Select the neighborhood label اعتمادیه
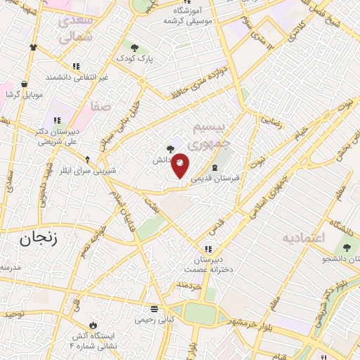pyautogui.click(x=304, y=238)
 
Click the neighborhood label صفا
pyautogui.click(x=100, y=106)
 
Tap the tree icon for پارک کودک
pyautogui.click(x=134, y=48)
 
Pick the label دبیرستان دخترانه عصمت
pyautogui.click(x=208, y=264)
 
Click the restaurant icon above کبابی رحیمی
pyautogui.click(x=154, y=309)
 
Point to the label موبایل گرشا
pyautogui.click(x=25, y=94)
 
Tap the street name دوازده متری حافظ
pyautogui.click(x=199, y=82)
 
